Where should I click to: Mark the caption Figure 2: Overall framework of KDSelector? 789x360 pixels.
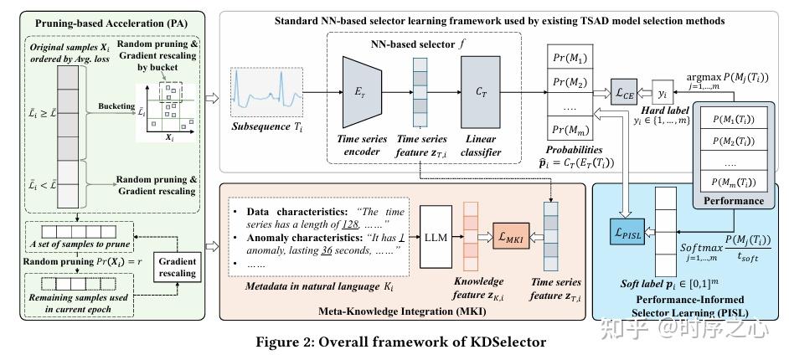(x=394, y=342)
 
